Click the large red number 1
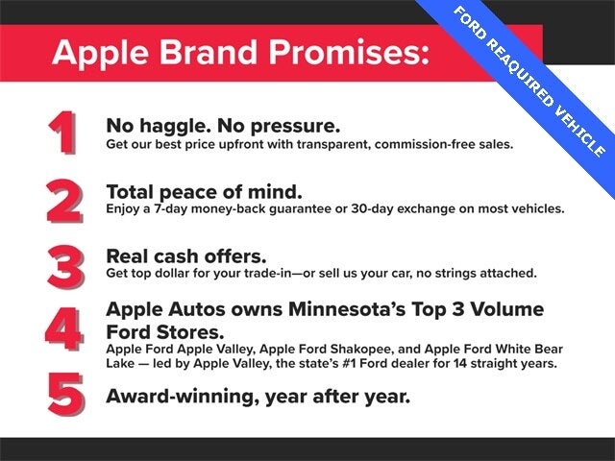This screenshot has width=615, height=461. [62, 134]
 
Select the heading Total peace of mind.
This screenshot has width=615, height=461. [204, 190]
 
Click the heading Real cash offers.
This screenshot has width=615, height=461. [185, 255]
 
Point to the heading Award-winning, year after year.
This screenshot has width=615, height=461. [258, 395]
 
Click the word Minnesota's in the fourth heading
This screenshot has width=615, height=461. [343, 309]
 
